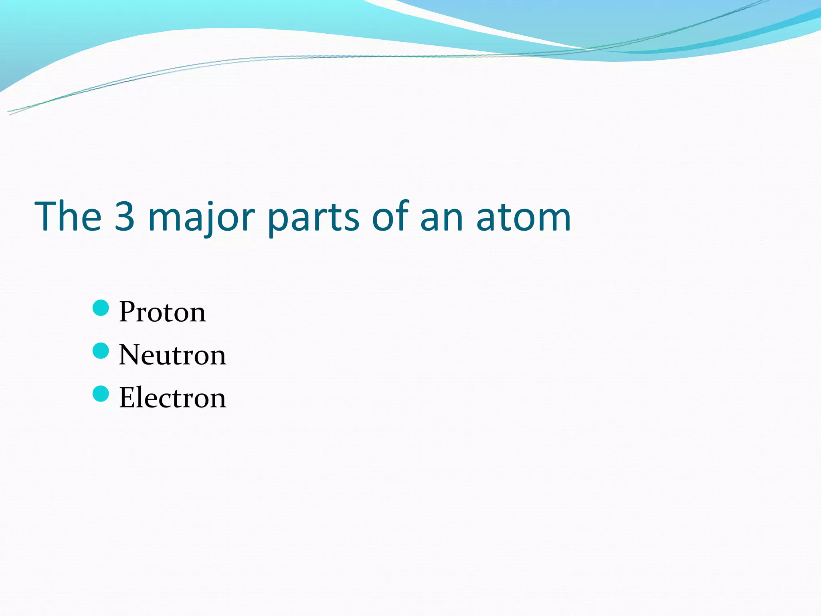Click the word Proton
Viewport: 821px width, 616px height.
[x=162, y=312]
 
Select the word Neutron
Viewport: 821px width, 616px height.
[x=172, y=355]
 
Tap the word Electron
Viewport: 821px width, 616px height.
[x=172, y=398]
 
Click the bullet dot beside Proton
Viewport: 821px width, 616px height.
[x=101, y=308]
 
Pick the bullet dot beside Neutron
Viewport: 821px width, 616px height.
[x=101, y=351]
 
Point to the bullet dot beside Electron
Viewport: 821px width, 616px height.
[x=101, y=394]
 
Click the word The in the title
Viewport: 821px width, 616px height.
[x=68, y=217]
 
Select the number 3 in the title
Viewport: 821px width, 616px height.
[x=124, y=217]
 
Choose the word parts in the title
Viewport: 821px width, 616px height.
[x=313, y=219]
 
